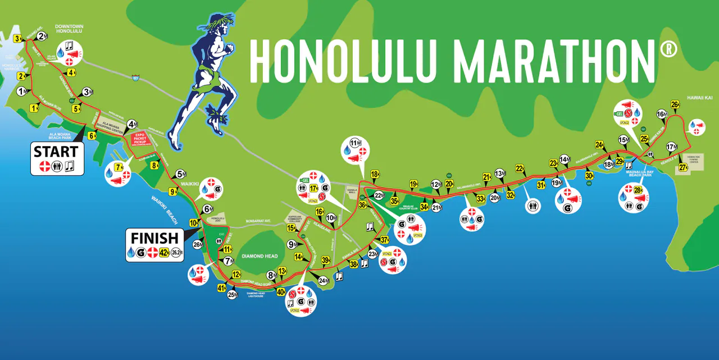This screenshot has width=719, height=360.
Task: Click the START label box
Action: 56,152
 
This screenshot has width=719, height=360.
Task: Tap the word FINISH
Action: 154,238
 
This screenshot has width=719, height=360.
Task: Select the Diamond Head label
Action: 260,256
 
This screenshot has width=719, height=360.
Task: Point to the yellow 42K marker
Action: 165,252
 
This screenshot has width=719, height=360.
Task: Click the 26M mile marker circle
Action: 198,245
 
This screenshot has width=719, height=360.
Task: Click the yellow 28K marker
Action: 638,190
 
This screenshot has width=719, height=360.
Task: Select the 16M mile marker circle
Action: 661,115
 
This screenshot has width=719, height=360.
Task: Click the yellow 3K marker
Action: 18,39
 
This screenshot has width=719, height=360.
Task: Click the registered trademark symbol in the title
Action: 668,49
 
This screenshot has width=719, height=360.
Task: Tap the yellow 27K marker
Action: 683,167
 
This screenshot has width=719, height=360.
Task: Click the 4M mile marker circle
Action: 132,124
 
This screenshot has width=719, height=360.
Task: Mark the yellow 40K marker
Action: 281,291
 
